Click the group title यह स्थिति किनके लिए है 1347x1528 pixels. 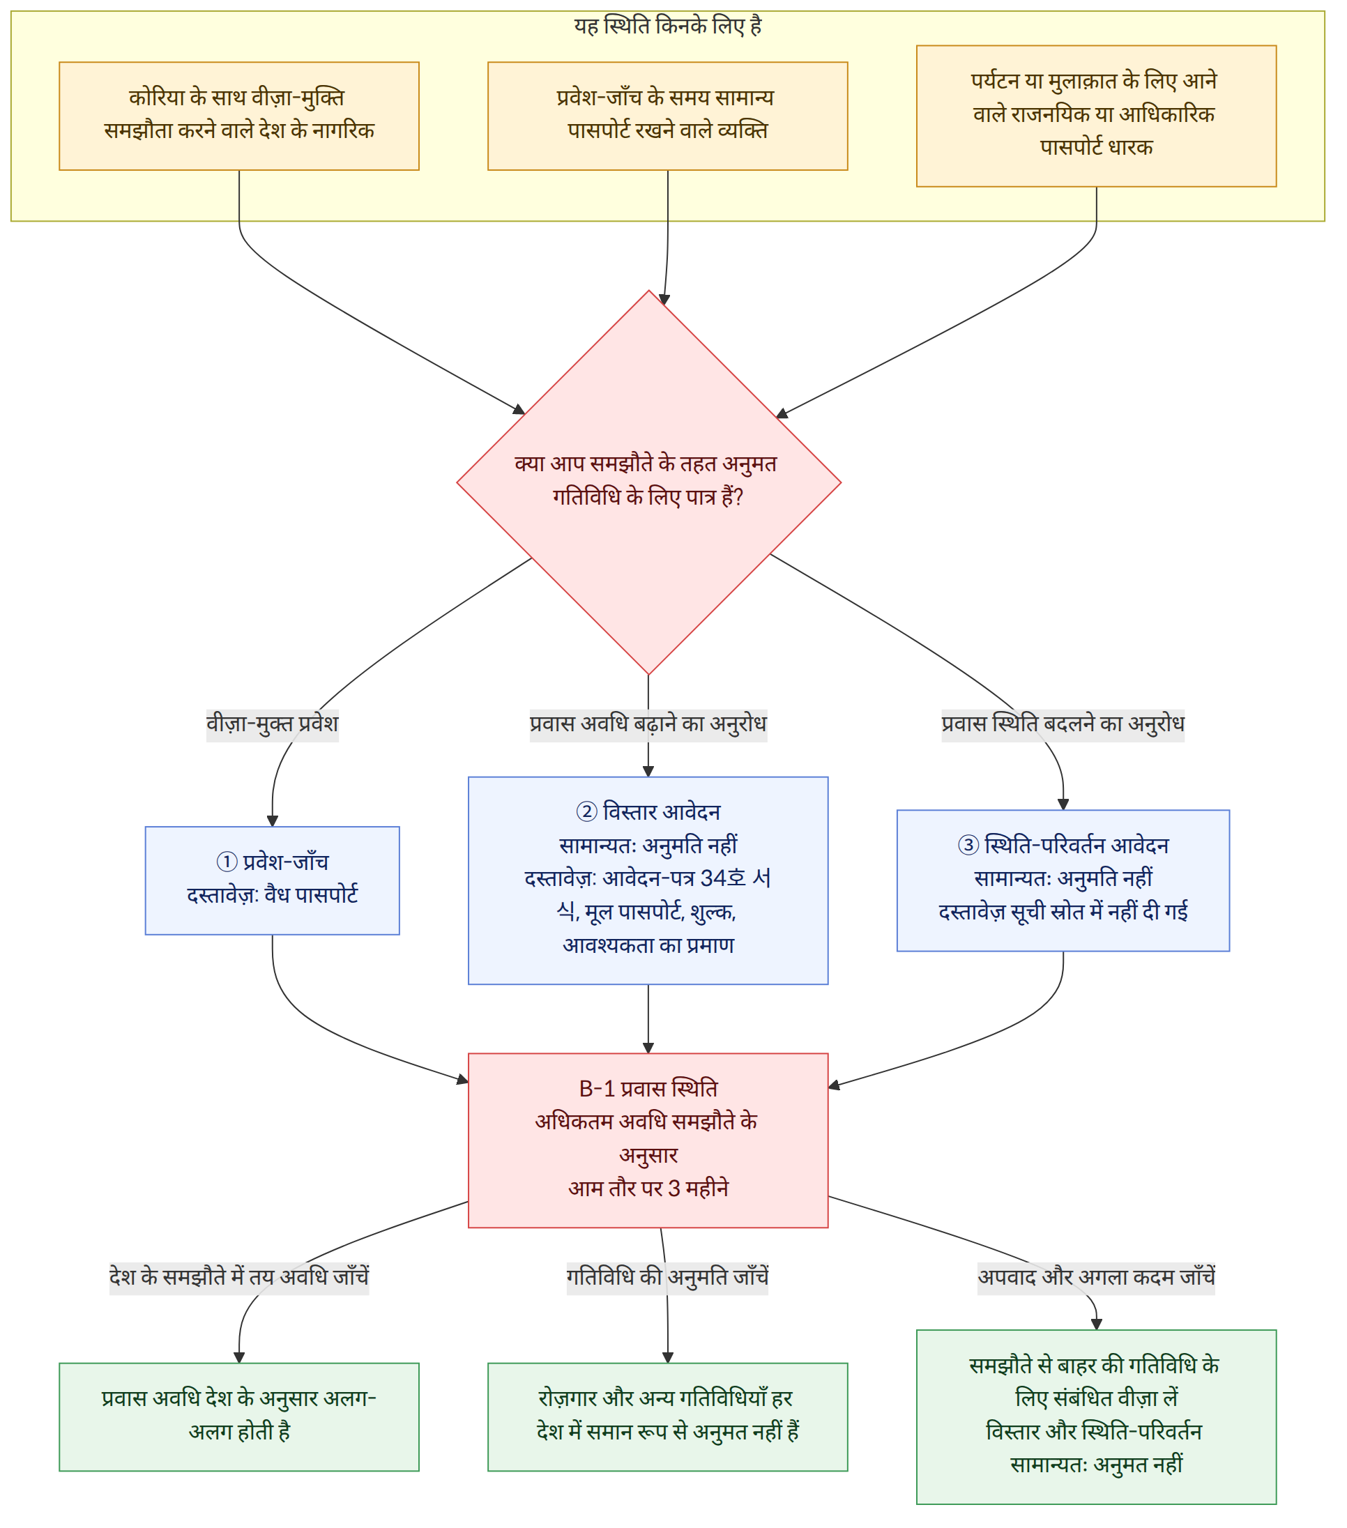point(667,26)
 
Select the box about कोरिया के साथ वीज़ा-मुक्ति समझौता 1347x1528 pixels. point(239,116)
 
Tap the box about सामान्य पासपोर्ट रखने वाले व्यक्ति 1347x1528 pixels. point(667,116)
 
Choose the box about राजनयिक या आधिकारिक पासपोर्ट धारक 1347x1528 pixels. point(1096,116)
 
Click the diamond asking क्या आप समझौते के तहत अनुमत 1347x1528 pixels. point(649,482)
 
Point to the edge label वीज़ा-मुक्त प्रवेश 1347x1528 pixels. point(272,724)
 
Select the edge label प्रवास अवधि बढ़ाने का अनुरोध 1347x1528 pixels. point(648,724)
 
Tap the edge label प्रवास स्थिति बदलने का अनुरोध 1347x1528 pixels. point(1063,724)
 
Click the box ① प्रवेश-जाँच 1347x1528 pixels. point(272,880)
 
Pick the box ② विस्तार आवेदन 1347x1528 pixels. point(648,880)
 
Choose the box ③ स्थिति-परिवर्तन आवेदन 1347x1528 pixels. point(1063,880)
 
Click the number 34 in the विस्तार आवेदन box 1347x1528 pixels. point(713,878)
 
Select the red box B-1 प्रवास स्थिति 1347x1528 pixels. point(648,1140)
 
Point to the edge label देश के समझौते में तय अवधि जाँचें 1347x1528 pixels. point(239,1277)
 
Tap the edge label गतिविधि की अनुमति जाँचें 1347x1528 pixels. point(667,1277)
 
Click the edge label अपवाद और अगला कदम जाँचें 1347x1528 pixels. point(1096,1277)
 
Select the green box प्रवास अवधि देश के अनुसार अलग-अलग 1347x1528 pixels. point(239,1417)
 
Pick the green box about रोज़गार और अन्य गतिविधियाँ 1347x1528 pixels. point(667,1417)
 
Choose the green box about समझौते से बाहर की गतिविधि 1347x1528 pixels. point(1096,1417)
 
